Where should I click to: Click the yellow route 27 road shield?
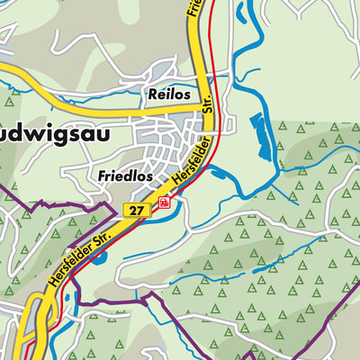tap(136, 209)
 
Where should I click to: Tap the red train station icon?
tap(164, 203)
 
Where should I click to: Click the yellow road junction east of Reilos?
tap(199, 105)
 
